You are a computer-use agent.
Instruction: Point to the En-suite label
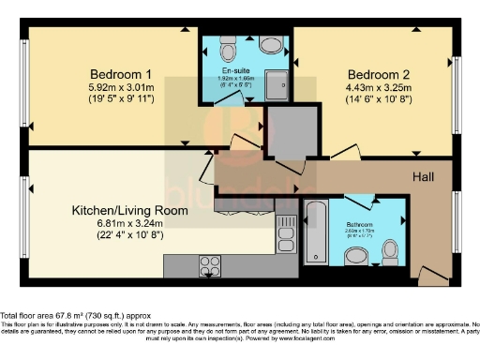click(x=234, y=70)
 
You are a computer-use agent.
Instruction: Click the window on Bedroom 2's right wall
click(x=457, y=95)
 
